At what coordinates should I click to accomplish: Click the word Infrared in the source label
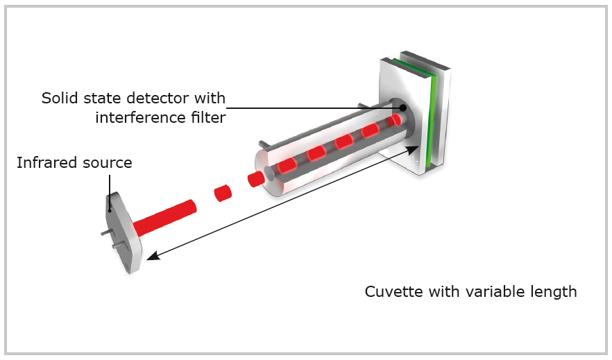[x=44, y=164]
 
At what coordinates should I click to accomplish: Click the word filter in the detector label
[x=205, y=117]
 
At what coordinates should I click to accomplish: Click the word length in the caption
[x=554, y=291]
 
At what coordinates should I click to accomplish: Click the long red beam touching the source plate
[x=164, y=216]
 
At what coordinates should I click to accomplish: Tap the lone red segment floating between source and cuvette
[x=222, y=192]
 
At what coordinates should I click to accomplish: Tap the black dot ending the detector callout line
[x=402, y=108]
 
